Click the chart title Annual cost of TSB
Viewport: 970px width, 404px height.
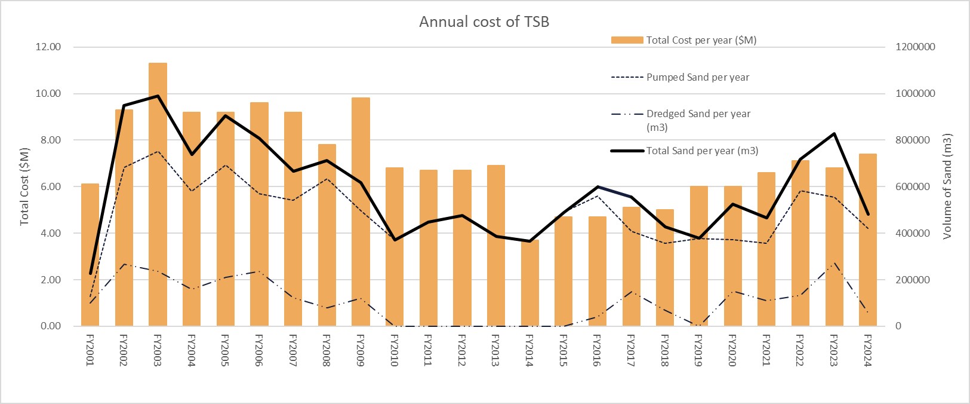(484, 22)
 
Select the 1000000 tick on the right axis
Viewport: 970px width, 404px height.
(915, 93)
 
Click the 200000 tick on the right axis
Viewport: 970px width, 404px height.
(913, 280)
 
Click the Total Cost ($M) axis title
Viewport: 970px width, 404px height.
(24, 186)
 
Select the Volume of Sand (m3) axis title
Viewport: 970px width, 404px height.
(947, 186)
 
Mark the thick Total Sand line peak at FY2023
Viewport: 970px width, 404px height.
(834, 133)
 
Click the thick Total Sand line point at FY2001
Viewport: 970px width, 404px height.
(90, 273)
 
